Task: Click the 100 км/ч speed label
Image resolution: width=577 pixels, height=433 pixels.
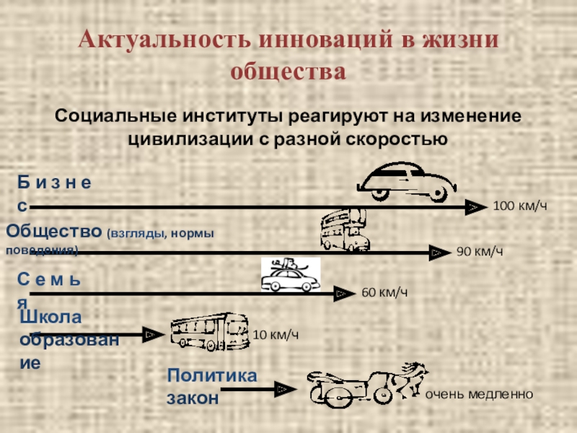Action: click(520, 207)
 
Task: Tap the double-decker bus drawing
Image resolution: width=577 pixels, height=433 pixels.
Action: click(344, 230)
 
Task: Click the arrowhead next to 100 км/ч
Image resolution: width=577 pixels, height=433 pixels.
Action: click(473, 207)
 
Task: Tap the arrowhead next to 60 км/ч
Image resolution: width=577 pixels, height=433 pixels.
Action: click(343, 293)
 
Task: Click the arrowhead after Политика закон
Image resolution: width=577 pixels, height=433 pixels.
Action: click(286, 390)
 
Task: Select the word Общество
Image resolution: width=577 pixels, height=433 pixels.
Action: click(54, 232)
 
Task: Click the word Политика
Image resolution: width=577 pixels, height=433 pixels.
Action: click(211, 376)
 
